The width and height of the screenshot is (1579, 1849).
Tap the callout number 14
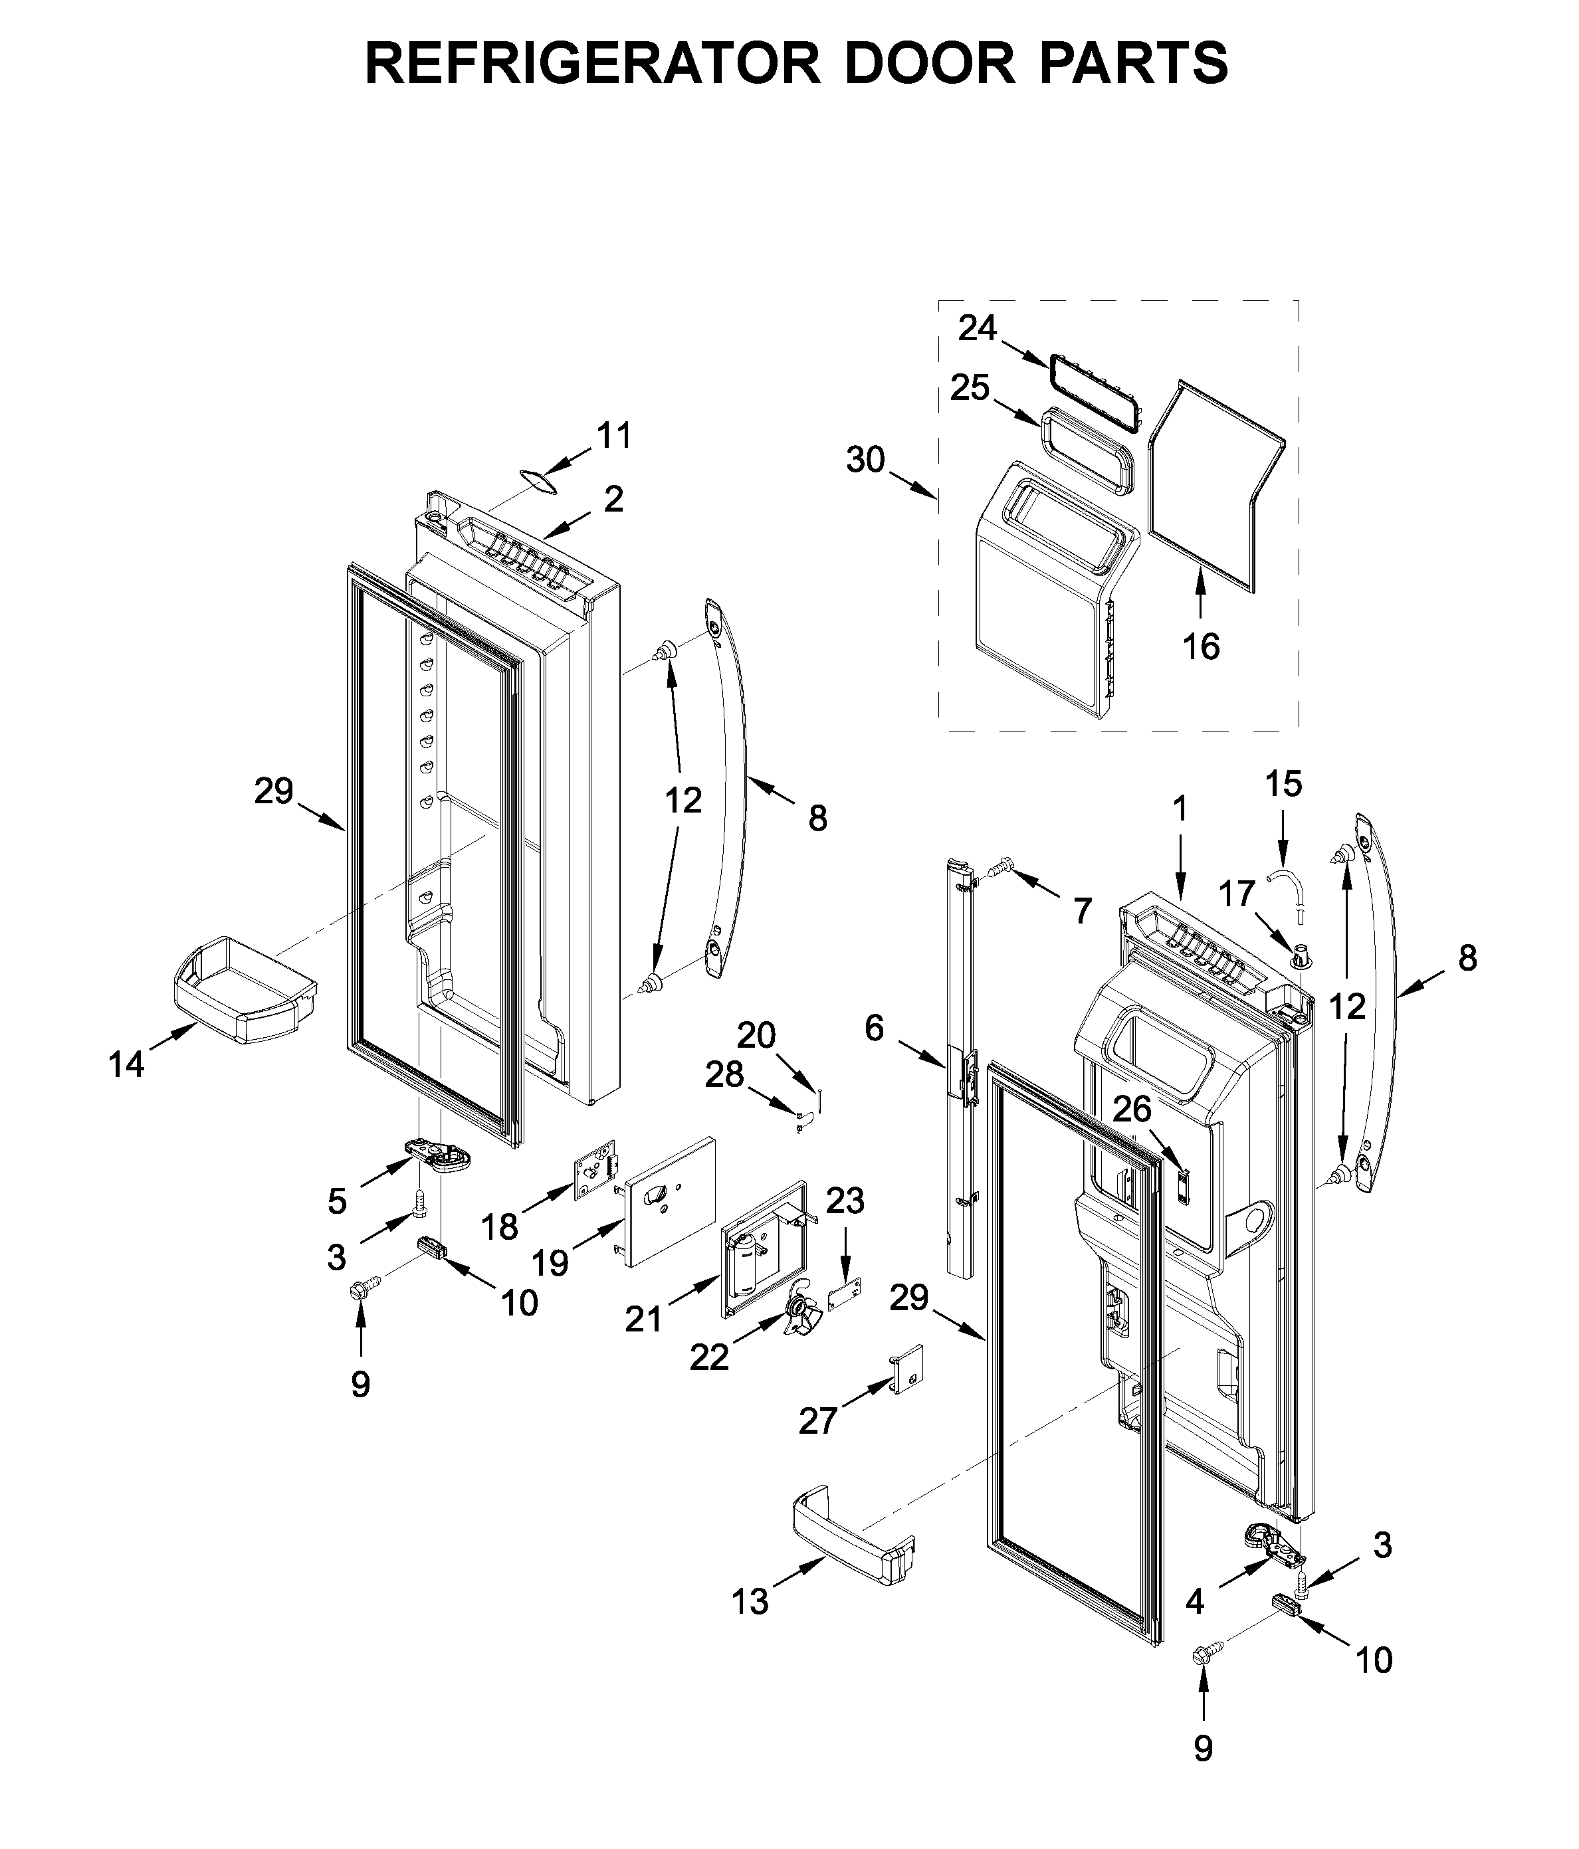tap(126, 1064)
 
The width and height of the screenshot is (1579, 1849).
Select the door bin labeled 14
tap(242, 991)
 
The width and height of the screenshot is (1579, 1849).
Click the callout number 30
tap(865, 460)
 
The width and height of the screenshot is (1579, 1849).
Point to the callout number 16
tap(1201, 646)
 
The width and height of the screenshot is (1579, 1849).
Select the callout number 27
tap(817, 1420)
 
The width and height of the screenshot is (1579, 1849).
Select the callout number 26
tap(1132, 1110)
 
